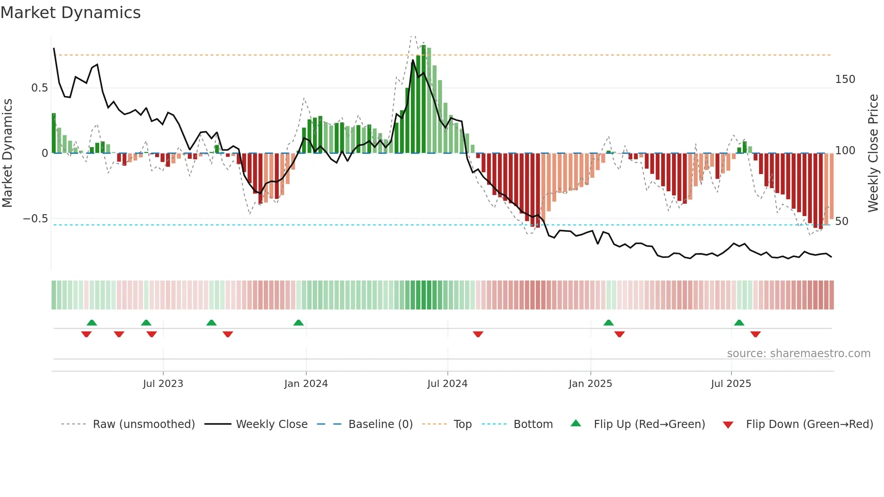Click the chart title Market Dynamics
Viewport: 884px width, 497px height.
[x=70, y=13]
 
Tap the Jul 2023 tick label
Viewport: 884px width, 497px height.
[x=163, y=384]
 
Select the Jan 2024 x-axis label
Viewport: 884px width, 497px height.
[x=306, y=384]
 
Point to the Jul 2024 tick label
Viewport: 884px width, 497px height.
[x=447, y=384]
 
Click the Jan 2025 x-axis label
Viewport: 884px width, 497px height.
[x=590, y=384]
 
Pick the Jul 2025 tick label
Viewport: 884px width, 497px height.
[x=731, y=384]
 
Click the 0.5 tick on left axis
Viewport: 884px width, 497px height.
[x=39, y=88]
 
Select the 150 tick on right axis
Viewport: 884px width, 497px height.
[x=845, y=79]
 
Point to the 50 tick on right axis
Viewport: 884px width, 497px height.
[x=842, y=221]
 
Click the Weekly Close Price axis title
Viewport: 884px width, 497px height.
[x=873, y=153]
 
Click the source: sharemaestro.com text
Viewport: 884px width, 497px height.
[x=798, y=354]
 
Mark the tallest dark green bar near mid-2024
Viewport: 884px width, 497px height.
[x=424, y=99]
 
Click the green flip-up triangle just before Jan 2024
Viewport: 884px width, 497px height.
[x=299, y=323]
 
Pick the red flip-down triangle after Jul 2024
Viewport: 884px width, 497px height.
[x=478, y=334]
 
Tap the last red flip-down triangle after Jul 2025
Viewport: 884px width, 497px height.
[x=755, y=334]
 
